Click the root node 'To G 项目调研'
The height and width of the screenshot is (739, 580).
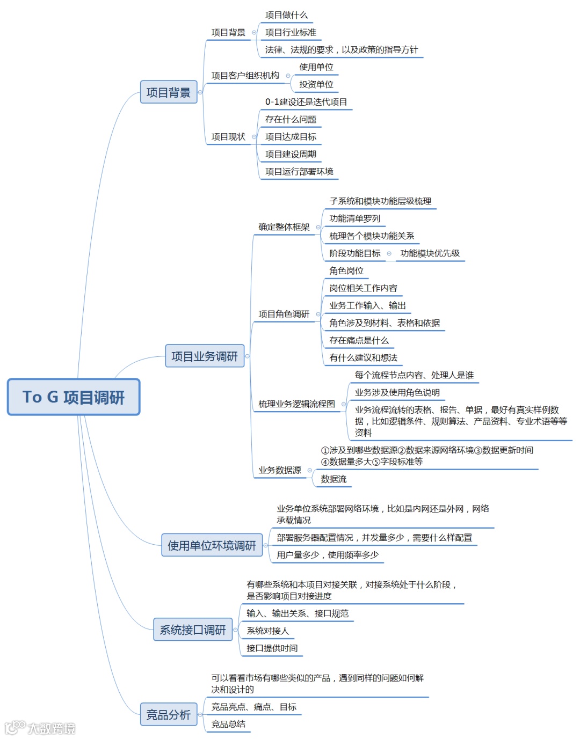[74, 397]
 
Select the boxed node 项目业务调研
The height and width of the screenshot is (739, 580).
[205, 356]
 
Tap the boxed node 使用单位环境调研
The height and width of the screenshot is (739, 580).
[212, 545]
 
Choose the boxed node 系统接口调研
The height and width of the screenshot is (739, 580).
[193, 630]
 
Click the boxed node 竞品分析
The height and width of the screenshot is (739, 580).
[169, 714]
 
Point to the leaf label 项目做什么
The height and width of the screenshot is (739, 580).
[286, 15]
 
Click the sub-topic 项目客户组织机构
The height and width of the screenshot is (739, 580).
[245, 76]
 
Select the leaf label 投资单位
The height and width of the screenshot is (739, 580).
[316, 84]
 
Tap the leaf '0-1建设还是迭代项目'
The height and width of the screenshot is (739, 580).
[306, 102]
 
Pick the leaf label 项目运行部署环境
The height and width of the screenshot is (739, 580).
[299, 172]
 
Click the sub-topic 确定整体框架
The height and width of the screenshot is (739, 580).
[284, 227]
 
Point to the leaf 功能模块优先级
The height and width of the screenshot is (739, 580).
[430, 253]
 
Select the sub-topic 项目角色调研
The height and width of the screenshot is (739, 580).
[284, 314]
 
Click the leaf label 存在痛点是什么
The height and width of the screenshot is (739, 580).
[359, 340]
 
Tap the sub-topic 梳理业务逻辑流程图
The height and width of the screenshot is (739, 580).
[297, 404]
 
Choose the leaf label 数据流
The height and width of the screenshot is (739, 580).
[334, 479]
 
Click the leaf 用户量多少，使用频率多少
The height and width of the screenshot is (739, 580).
[328, 555]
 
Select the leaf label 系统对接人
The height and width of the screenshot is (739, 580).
[267, 631]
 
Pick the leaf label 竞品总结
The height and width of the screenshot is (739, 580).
[228, 724]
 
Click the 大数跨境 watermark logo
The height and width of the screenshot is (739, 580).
[40, 728]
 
